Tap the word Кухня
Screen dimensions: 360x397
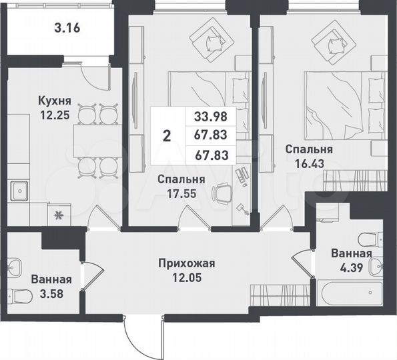click(x=52, y=101)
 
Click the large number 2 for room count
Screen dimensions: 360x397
click(x=167, y=136)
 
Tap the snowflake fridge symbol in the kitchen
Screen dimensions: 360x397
click(x=58, y=215)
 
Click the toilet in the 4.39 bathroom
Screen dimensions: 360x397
click(x=368, y=238)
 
